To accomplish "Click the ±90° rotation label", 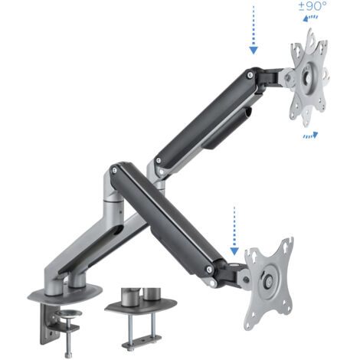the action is tap(313, 6).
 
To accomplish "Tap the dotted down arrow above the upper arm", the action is tap(254, 30).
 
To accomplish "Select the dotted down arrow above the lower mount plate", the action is tap(234, 231).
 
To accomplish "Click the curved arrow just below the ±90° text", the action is tap(310, 18).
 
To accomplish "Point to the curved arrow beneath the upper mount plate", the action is tap(310, 135).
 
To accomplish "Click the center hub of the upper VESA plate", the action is tap(309, 77).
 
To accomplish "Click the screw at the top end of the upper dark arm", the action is tap(250, 75).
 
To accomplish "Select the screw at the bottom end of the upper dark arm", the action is tap(159, 161).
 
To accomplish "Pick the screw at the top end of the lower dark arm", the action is tap(115, 170).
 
